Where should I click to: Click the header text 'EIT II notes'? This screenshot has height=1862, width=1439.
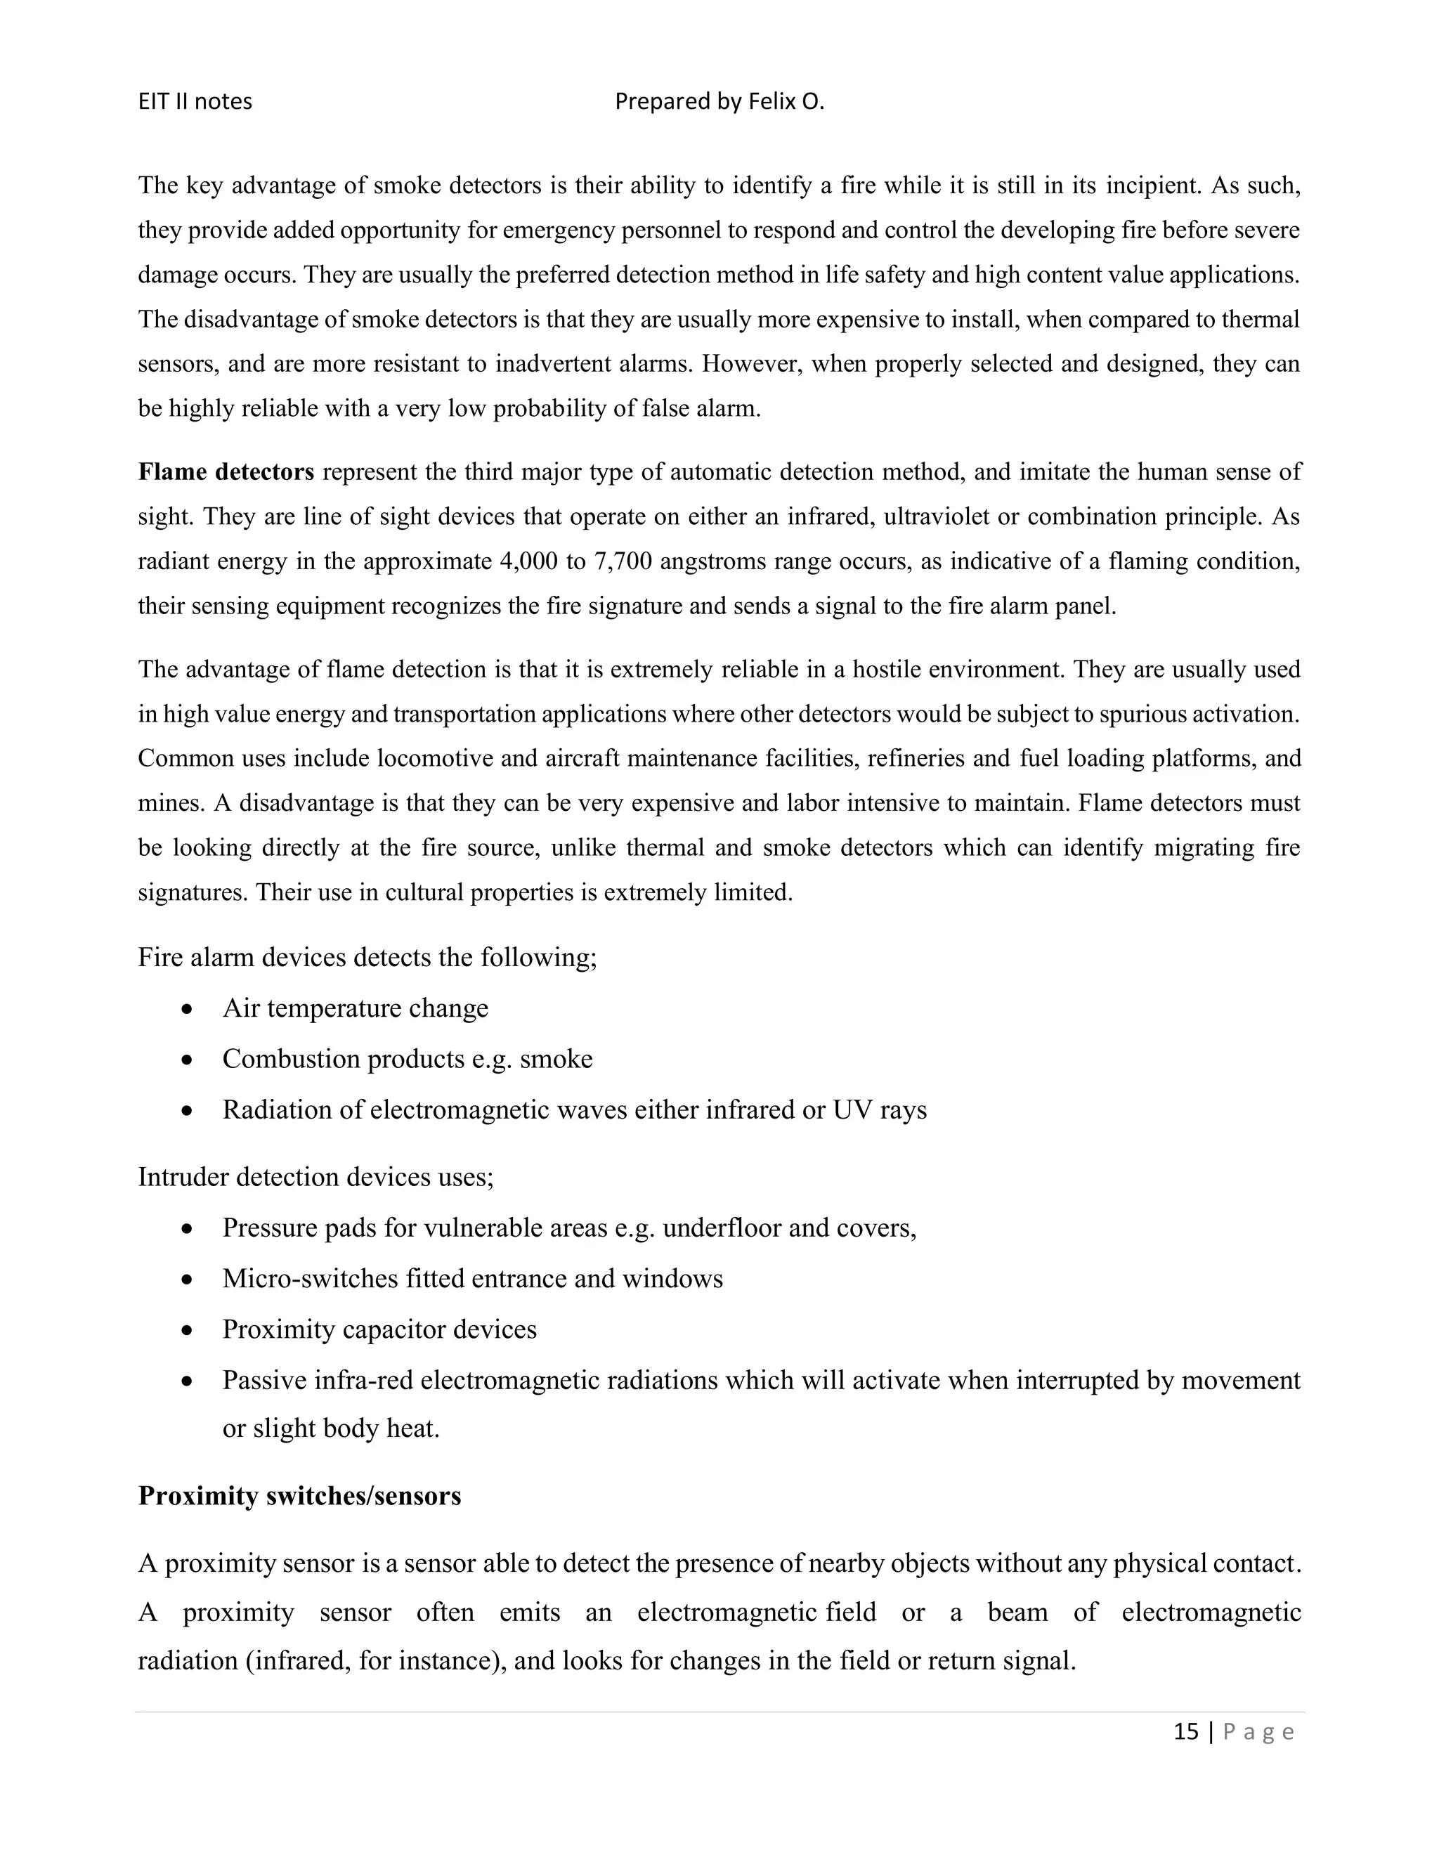[195, 101]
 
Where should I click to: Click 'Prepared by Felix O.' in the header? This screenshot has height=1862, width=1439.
[719, 101]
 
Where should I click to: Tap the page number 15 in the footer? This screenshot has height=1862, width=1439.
[1186, 1731]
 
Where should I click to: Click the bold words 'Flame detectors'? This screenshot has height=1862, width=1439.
[226, 471]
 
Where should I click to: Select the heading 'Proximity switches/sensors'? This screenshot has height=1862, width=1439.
[299, 1495]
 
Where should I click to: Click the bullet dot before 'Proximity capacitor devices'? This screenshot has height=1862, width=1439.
[188, 1331]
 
